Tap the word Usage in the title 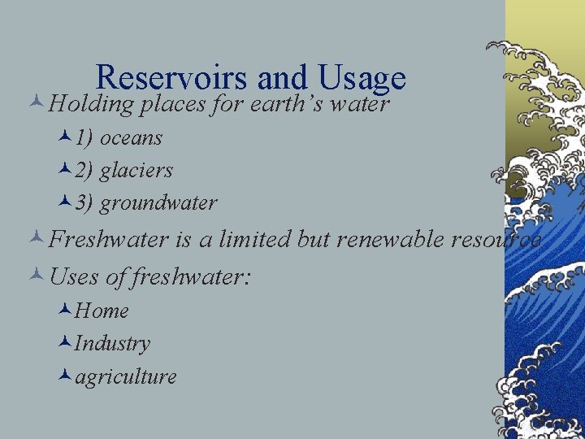[x=362, y=78]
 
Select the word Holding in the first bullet [x=91, y=105]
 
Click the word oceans [x=131, y=138]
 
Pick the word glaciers [x=136, y=171]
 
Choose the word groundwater [x=158, y=203]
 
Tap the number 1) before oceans [x=84, y=138]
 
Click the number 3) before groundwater [x=84, y=203]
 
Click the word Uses [x=75, y=276]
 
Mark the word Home [x=102, y=311]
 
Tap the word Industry [x=112, y=344]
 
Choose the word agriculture [x=126, y=377]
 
